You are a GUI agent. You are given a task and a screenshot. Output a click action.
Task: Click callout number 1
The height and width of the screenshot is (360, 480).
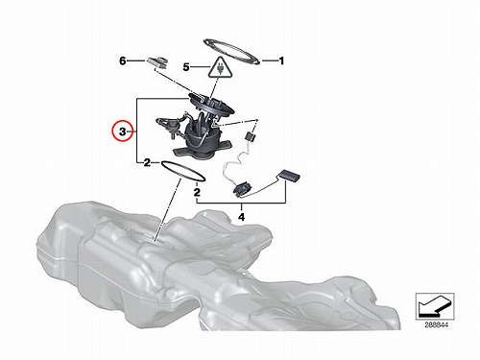point(281,60)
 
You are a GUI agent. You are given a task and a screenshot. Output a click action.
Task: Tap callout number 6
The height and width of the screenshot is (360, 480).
point(123,60)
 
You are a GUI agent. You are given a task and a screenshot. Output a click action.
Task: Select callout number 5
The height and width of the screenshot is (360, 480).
point(186,67)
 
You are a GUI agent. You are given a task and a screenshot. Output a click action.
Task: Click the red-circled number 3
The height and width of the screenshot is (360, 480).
point(123,132)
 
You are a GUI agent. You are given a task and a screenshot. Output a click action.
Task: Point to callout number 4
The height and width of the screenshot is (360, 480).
point(242,217)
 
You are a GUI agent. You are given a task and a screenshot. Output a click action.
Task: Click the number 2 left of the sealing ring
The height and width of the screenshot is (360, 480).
point(147,163)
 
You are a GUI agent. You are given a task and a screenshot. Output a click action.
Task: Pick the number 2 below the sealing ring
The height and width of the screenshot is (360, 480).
point(197,193)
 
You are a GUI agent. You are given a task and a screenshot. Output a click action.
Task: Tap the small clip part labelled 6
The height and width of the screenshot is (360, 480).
point(158,62)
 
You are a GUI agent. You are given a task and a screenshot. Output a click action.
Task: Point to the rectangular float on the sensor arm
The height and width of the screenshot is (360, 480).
point(290,176)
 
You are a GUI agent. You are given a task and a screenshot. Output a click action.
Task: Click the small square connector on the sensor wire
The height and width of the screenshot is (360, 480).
point(251,137)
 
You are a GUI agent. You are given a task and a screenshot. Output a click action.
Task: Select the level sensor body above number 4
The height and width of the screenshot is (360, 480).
point(241,189)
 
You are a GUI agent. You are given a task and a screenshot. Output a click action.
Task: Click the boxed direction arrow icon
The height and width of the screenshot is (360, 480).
point(435,306)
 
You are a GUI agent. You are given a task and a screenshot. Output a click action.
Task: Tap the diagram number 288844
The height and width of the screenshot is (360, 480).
point(437,325)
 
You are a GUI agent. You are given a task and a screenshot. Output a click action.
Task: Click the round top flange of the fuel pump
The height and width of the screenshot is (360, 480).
point(211,104)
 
